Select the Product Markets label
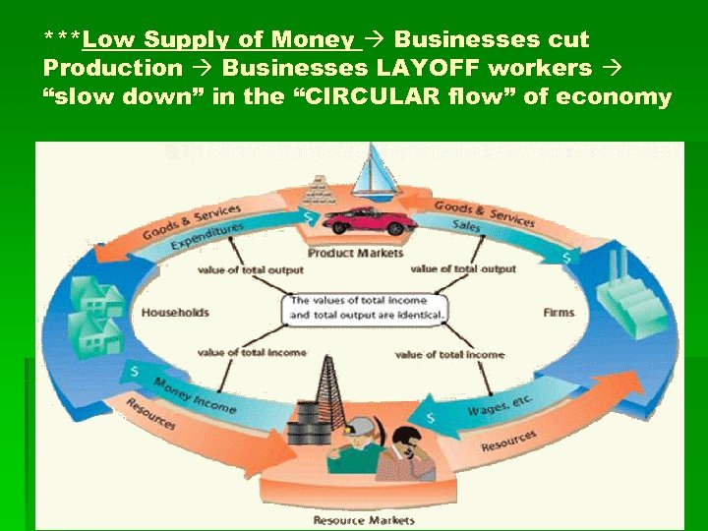coord(356,253)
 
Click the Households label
coord(175,313)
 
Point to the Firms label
coord(559,313)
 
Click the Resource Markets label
coord(364,519)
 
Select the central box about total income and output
coord(366,308)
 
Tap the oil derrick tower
coord(324,388)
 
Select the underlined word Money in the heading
coord(311,40)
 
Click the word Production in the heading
coord(113,68)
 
